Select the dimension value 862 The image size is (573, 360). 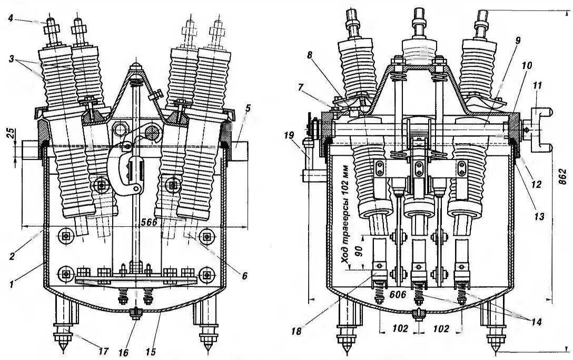click(563, 178)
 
